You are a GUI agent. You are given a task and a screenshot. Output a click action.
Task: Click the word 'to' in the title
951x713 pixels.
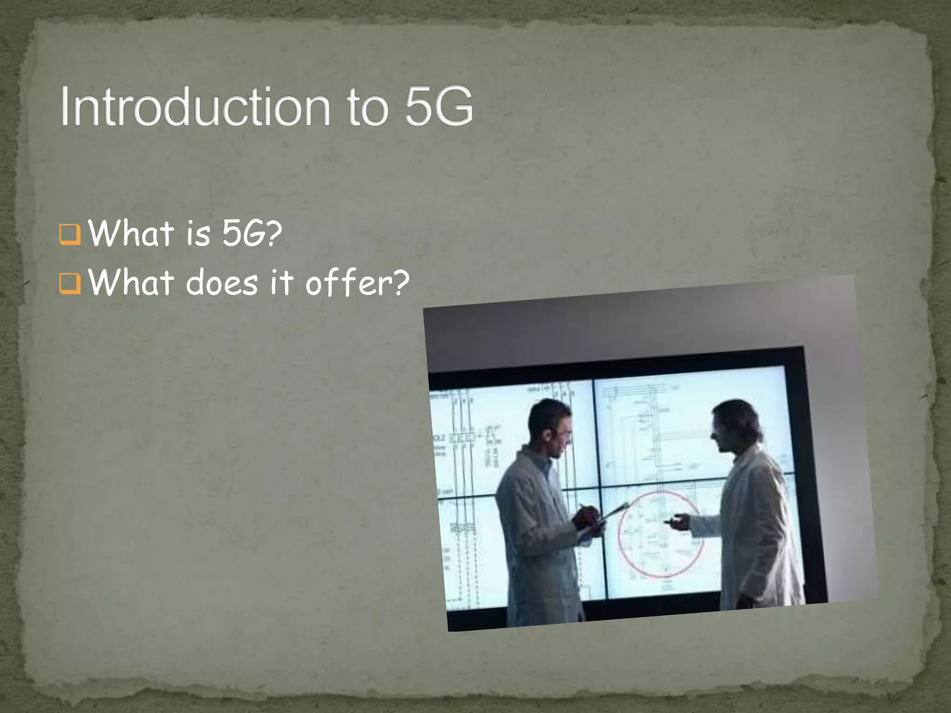pos(367,108)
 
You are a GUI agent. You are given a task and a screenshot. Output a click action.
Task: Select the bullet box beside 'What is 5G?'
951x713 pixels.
pos(70,234)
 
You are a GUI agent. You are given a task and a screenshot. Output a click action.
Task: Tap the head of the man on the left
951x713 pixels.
pos(550,425)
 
